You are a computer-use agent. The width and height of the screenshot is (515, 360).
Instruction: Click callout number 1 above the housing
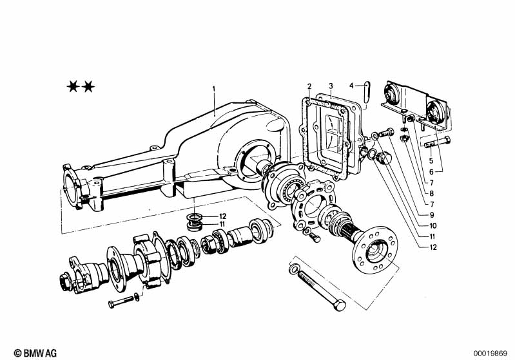[213, 89]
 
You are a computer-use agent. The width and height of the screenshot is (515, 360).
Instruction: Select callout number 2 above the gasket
[309, 86]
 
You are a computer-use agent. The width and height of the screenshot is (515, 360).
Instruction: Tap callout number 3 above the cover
[331, 86]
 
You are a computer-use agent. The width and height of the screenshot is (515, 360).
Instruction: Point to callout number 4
[351, 86]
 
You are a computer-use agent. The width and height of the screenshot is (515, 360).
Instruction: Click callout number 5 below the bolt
[431, 161]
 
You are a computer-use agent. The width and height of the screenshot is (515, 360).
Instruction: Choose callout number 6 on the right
[431, 172]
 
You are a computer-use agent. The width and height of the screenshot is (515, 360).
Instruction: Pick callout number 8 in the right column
[432, 193]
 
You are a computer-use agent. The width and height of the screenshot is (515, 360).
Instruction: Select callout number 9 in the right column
[432, 215]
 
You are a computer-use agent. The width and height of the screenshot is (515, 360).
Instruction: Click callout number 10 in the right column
[433, 226]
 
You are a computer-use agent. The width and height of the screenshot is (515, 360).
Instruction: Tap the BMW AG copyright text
[35, 353]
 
